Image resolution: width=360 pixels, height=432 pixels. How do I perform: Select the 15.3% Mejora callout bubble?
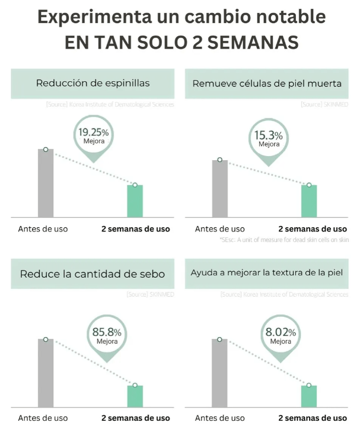coord(269,138)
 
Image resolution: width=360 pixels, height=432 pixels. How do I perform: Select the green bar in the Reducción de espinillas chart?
coord(135,201)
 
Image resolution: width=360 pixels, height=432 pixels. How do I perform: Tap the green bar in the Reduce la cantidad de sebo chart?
coord(135,396)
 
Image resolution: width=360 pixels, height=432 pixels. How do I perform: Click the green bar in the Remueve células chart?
coord(309,201)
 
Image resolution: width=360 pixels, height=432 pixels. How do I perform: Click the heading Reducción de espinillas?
coord(93,83)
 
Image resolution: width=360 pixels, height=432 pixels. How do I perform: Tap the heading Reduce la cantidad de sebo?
coord(93,274)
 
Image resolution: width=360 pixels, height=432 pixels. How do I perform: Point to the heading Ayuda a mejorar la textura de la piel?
coord(267,274)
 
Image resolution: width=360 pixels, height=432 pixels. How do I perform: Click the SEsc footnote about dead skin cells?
coord(284,240)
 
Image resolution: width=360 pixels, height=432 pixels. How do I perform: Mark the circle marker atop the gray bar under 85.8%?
coord(46,340)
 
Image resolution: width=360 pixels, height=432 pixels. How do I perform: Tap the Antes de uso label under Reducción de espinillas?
coord(43,228)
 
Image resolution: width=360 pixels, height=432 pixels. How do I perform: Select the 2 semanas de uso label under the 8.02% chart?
coord(313,418)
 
